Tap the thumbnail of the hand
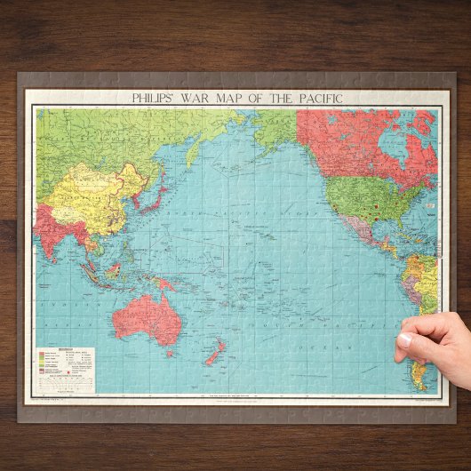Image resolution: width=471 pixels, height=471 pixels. click(404, 339)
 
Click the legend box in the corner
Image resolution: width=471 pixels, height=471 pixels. click(61, 364)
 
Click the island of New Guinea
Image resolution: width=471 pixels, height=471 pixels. click(164, 285)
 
